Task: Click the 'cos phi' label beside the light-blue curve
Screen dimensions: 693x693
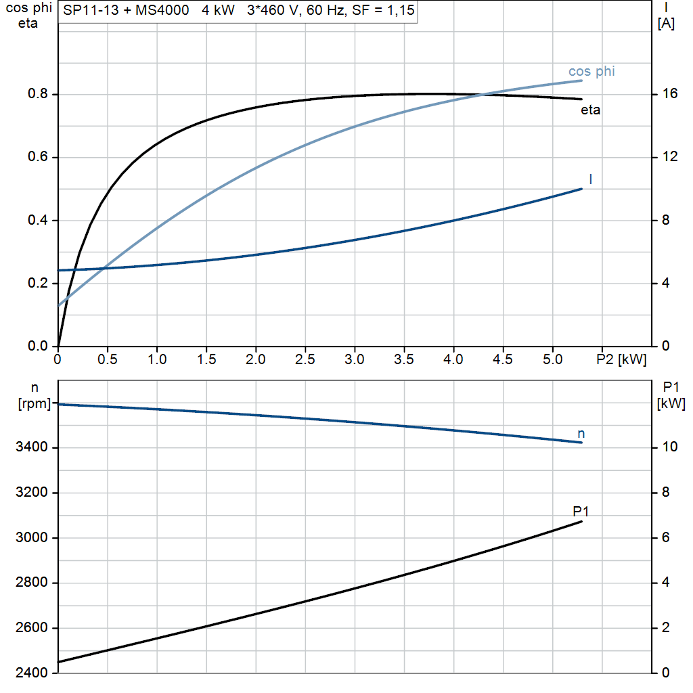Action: tap(591, 71)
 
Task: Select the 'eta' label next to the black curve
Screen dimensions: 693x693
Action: tap(590, 110)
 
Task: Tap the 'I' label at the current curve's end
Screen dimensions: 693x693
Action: tap(591, 179)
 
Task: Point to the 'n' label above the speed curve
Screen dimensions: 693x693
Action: tap(581, 433)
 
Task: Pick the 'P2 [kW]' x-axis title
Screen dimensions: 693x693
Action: tap(621, 359)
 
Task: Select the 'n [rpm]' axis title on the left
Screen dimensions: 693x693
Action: tap(34, 396)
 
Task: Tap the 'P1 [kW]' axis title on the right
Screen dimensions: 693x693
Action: tap(671, 395)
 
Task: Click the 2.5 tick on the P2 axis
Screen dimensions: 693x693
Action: tap(305, 359)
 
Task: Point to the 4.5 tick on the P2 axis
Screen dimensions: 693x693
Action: tap(503, 359)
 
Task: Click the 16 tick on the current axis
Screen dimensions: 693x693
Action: tap(669, 94)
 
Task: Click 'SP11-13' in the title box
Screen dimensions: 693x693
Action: tap(85, 11)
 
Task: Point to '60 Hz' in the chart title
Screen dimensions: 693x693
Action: tap(326, 11)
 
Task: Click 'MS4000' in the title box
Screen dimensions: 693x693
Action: tap(159, 11)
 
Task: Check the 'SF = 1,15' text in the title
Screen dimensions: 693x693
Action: tap(384, 11)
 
